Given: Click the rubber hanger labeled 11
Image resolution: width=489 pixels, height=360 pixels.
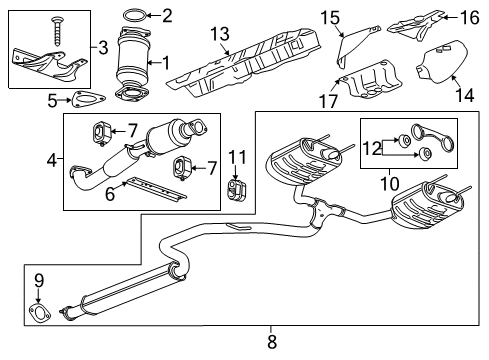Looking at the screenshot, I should point(236,191).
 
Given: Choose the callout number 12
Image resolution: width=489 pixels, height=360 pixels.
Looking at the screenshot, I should point(369,150).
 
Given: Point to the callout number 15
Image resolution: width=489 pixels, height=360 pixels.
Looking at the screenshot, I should point(326,15).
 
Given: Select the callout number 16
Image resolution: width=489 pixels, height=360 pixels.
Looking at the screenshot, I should point(468,17).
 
